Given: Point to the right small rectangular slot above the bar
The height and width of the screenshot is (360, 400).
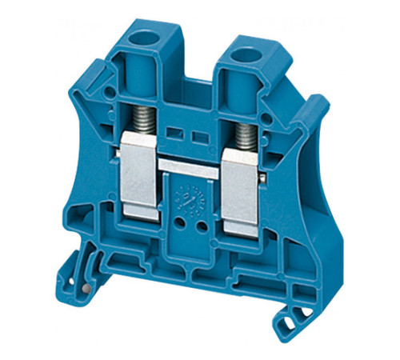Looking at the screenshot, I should coord(197,133).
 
